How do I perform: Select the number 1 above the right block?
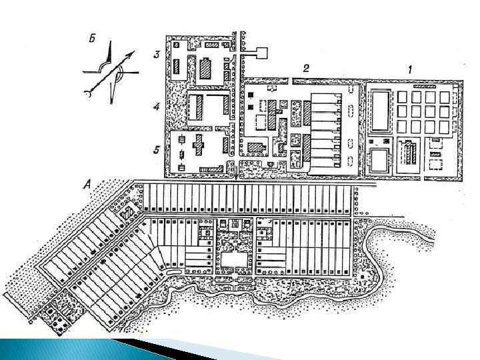(411, 69)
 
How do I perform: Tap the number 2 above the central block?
(305, 69)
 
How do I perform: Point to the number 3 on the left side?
(155, 55)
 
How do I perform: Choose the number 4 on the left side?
(155, 107)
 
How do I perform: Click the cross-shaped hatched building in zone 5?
(199, 143)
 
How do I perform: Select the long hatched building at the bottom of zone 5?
(211, 169)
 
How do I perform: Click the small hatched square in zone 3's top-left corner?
(176, 45)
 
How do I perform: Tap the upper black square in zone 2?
(250, 95)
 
